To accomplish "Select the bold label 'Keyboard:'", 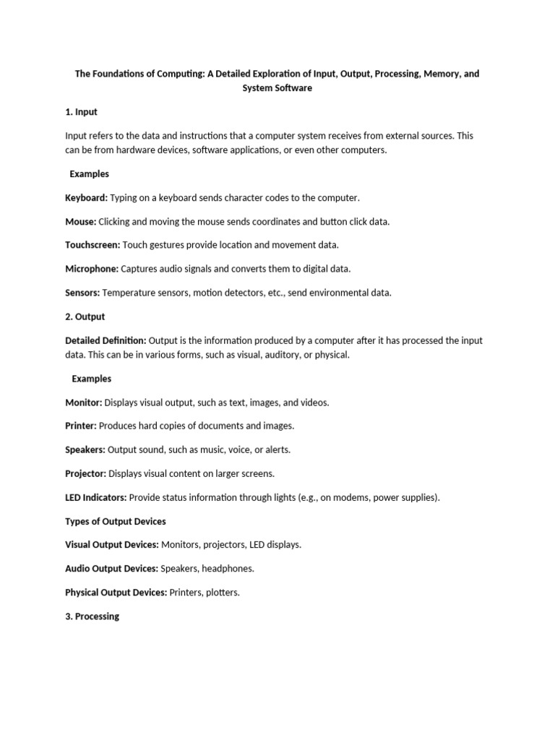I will pos(86,197).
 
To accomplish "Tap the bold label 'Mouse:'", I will pos(80,221).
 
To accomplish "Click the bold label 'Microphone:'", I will pos(92,269).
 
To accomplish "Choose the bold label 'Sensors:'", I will pos(82,293).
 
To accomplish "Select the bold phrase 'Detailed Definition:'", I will pos(106,340).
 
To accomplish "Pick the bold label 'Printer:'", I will pos(81,426).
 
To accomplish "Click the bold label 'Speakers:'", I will pos(85,449).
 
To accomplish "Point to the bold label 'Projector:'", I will pos(86,473).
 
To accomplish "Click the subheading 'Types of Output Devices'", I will pos(116,521).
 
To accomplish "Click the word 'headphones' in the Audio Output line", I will pos(228,569).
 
